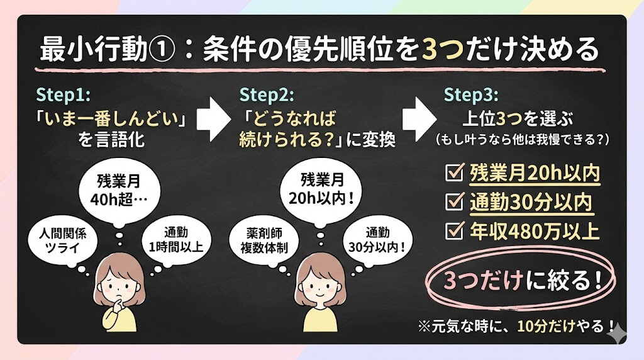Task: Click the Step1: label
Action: [64, 95]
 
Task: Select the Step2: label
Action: [267, 95]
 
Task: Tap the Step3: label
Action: [470, 95]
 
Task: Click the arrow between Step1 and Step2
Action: [213, 120]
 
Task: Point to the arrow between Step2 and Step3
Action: [418, 120]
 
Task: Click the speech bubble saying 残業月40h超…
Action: [119, 191]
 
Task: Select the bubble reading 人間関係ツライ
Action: [63, 241]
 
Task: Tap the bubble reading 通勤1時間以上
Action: [176, 240]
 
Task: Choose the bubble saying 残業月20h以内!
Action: [321, 191]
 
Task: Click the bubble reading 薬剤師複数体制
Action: [264, 241]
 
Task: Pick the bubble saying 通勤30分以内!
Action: [377, 240]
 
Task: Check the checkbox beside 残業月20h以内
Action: [454, 172]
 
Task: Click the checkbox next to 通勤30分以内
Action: [454, 201]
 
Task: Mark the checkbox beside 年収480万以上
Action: [454, 230]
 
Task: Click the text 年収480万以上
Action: [535, 231]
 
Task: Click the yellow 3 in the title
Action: [430, 50]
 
